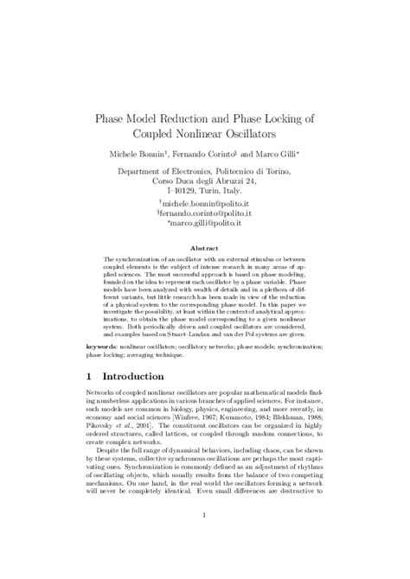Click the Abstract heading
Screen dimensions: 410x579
[204, 246]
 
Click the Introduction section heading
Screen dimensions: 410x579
[144, 378]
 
